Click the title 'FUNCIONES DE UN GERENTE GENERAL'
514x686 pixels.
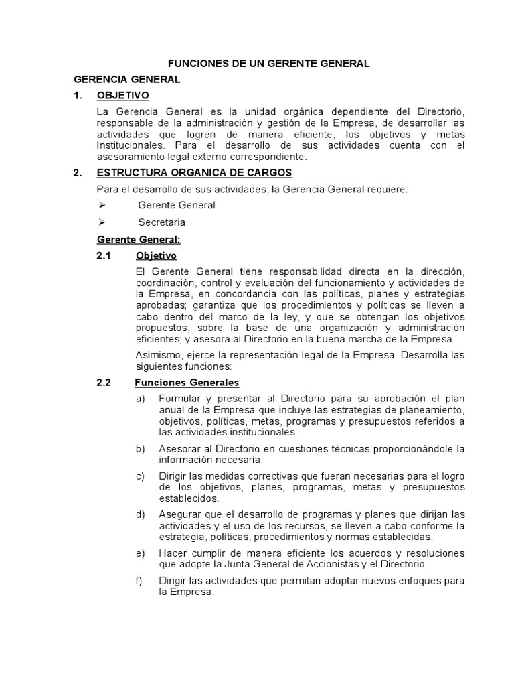pyautogui.click(x=268, y=64)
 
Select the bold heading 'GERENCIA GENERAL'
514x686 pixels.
pyautogui.click(x=126, y=80)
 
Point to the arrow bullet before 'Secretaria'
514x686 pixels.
pyautogui.click(x=102, y=222)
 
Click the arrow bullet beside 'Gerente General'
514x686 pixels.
pyautogui.click(x=102, y=205)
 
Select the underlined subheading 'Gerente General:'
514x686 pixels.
pyautogui.click(x=139, y=239)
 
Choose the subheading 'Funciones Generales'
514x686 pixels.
pyautogui.click(x=187, y=383)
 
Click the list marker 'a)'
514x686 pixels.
pyautogui.click(x=140, y=399)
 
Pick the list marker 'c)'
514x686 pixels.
pyautogui.click(x=140, y=476)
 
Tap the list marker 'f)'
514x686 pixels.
pyautogui.click(x=139, y=580)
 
